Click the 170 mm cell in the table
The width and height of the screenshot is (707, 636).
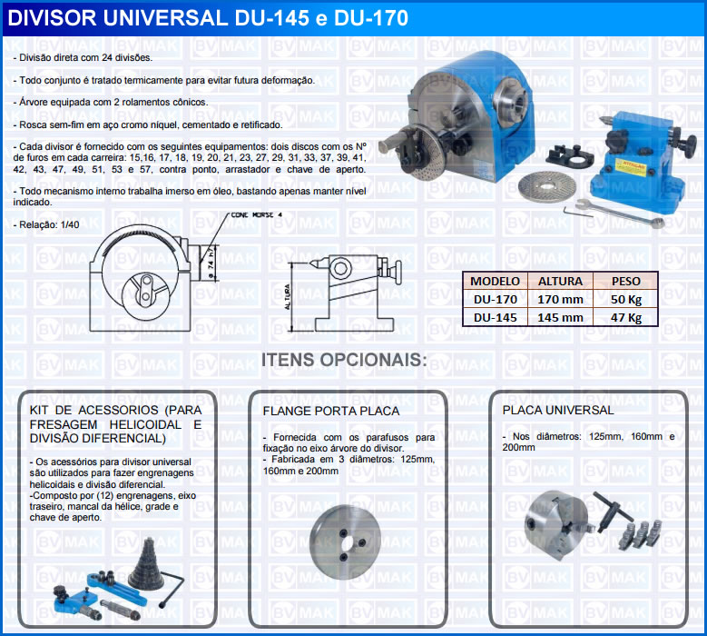coord(560,299)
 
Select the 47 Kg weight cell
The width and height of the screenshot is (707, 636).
coord(626,318)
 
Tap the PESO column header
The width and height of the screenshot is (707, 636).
coord(626,282)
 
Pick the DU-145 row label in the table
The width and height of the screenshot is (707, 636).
coord(495,318)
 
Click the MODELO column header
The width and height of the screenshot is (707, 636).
coord(495,282)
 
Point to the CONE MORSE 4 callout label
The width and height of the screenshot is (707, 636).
coord(256,215)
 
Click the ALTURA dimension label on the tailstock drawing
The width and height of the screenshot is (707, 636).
coord(288,296)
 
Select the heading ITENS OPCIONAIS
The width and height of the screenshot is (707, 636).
coord(344,360)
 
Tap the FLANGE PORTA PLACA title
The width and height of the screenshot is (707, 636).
coord(331,412)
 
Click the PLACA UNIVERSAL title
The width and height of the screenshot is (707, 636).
coord(558,411)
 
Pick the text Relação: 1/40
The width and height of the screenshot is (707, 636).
coord(46,224)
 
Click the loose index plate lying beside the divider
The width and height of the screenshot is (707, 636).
coord(547,187)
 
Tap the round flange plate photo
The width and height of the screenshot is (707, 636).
coord(346,542)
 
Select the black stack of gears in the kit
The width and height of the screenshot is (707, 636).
coord(145,565)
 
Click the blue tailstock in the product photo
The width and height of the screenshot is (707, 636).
coord(637,164)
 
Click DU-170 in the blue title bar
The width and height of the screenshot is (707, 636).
coord(371,18)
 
